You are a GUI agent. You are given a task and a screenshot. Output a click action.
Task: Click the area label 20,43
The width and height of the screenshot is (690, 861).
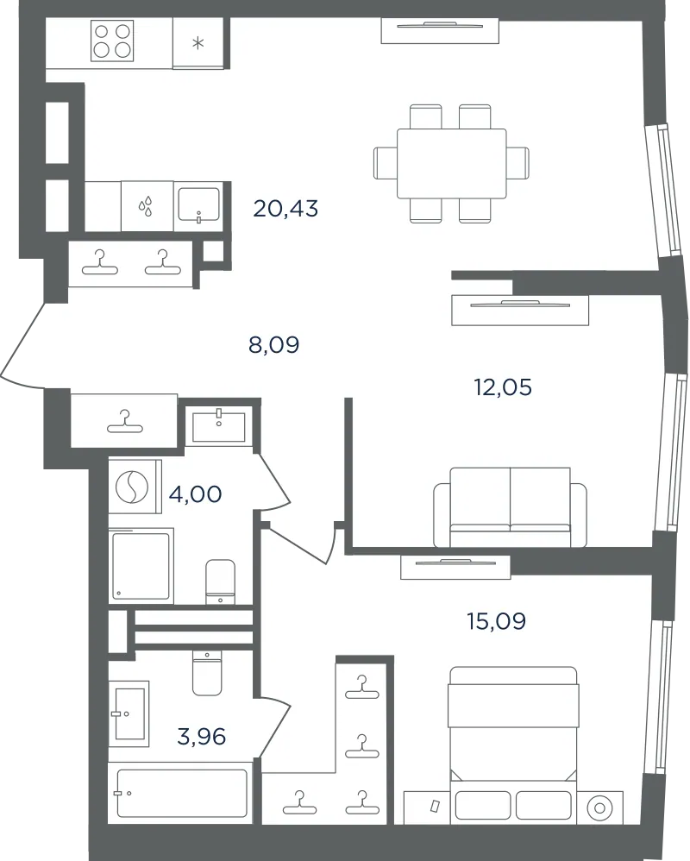(x=285, y=209)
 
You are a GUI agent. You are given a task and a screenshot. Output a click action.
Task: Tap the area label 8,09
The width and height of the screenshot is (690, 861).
(x=274, y=345)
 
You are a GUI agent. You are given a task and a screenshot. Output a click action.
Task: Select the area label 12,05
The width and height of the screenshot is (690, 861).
(x=503, y=387)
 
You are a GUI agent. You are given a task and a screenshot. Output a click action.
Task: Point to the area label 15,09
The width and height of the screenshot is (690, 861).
(x=496, y=621)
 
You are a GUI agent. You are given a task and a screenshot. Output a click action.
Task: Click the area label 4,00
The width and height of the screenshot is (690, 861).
(x=196, y=494)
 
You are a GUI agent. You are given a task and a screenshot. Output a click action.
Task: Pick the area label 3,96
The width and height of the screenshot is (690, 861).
(x=202, y=737)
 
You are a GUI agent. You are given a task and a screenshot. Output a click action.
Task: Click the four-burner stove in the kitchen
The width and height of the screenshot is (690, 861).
(x=112, y=41)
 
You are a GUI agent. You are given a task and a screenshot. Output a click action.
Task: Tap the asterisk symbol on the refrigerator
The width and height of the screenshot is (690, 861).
(x=198, y=43)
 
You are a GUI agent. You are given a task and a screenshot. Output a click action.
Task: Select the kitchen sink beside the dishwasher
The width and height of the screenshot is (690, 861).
(x=198, y=206)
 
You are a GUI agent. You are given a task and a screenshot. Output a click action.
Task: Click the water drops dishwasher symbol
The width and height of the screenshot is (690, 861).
(x=146, y=207)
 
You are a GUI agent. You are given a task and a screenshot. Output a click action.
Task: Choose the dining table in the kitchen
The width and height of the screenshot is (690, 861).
(x=451, y=164)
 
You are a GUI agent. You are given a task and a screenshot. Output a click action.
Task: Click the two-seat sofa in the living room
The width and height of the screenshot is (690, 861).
(x=510, y=507)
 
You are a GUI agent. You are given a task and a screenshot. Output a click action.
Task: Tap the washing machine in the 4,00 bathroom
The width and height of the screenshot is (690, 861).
(x=135, y=487)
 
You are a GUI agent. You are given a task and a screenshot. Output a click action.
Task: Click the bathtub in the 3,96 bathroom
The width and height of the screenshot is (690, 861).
(x=182, y=793)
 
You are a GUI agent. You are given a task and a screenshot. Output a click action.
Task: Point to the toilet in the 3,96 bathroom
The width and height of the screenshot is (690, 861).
(x=207, y=673)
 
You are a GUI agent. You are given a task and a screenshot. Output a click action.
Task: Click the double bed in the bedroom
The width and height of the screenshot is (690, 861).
(x=512, y=745)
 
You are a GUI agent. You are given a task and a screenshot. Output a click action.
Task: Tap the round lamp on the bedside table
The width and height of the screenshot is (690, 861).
(x=599, y=808)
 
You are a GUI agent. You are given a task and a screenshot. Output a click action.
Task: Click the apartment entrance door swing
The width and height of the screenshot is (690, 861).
(x=22, y=346)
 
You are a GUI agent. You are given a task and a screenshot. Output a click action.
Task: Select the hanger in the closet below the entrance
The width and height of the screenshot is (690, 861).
(x=124, y=422)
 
